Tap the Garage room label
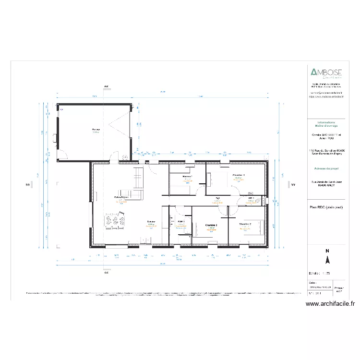[96, 130]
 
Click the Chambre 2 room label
[245, 224]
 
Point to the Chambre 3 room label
[211, 225]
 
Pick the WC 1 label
[251, 198]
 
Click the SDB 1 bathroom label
[181, 222]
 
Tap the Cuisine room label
[150, 222]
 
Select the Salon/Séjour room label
[121, 197]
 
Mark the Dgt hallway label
[217, 198]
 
